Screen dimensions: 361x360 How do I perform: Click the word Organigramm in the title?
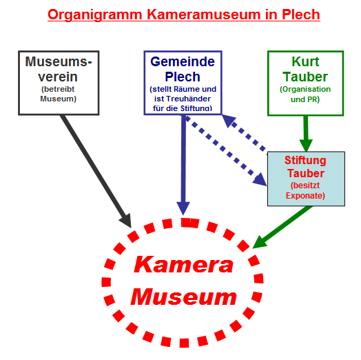pos(95,15)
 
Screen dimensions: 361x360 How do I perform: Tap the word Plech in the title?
pos(301,14)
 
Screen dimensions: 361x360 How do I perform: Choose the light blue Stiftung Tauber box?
pos(306,179)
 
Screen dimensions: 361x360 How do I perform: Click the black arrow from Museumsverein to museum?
pos(96,171)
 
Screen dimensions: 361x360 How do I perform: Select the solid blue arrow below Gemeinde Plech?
pos(183,165)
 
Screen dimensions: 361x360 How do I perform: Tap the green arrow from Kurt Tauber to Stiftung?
pos(306,134)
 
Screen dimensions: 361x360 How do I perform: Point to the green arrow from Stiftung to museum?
pos(282,227)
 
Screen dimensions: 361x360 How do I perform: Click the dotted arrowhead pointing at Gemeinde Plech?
pos(229,121)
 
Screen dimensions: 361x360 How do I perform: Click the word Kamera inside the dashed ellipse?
pos(183,265)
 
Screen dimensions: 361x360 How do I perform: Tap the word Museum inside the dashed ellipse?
pos(183,297)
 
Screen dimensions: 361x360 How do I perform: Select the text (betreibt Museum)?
pos(59,94)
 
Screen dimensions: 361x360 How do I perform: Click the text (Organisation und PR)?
pos(305,94)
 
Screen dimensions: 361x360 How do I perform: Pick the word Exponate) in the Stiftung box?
pos(305,196)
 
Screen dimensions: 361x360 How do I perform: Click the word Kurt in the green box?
pos(305,61)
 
